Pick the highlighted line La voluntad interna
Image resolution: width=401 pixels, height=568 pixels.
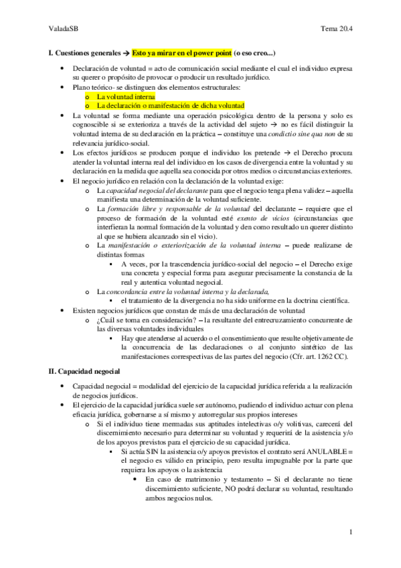[x=126, y=96]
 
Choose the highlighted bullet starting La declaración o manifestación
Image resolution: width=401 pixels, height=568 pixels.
[x=170, y=105]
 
